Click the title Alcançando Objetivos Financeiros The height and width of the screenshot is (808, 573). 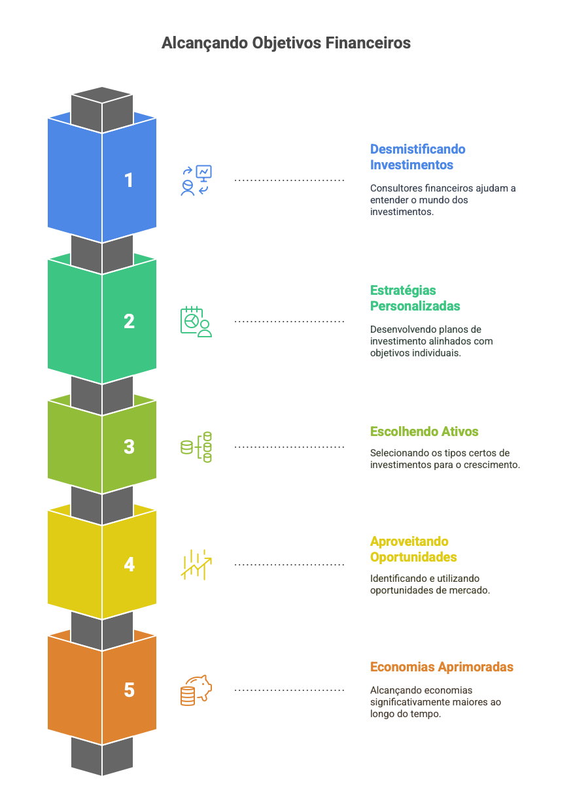coord(286,43)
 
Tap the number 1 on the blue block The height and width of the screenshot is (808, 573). coord(129,180)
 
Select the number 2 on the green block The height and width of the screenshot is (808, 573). coord(129,322)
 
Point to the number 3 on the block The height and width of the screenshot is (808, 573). coord(129,447)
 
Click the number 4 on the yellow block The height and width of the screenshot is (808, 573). coord(129,565)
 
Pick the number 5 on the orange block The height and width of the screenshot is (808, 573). coord(129,690)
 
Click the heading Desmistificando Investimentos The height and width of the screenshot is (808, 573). coord(418,157)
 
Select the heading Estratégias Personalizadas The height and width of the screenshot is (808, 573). coord(415,298)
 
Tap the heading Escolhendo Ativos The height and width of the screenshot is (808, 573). coord(424,431)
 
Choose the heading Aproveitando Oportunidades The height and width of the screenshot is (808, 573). coord(413,549)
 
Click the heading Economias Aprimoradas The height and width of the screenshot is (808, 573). coord(442,667)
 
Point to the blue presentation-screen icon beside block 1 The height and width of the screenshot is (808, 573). coord(197,180)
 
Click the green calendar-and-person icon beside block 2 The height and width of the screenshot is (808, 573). coord(196,322)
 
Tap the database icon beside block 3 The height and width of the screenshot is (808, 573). coord(196,447)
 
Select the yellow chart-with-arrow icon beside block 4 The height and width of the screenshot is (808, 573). coord(196,565)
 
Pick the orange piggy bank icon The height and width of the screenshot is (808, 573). coord(196,690)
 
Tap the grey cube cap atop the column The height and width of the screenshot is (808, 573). coord(102,103)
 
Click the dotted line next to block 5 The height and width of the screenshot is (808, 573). coord(289,690)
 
